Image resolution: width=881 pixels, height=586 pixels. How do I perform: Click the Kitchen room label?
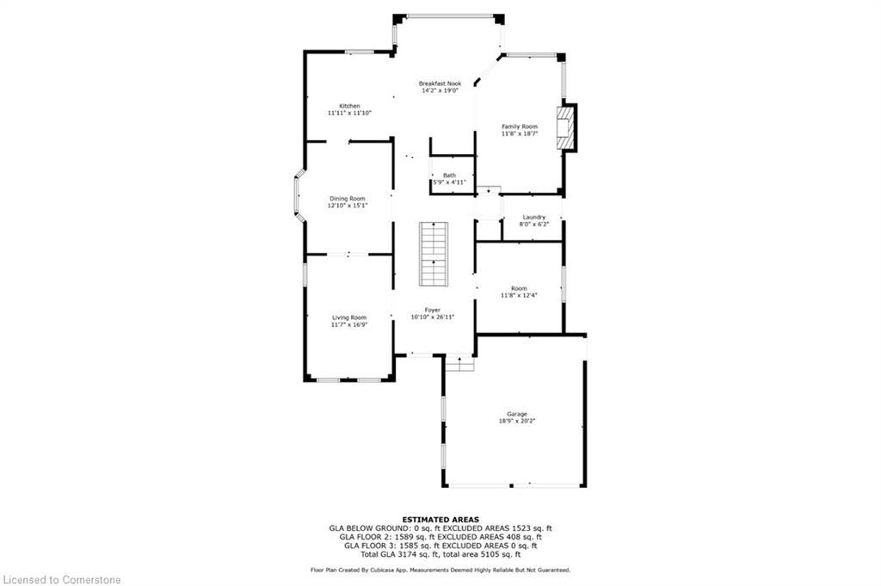point(348,106)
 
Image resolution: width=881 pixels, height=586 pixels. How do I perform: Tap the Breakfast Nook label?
point(440,83)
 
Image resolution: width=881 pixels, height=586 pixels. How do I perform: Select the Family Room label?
point(520,126)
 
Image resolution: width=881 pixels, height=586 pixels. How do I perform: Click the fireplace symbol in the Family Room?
point(565,127)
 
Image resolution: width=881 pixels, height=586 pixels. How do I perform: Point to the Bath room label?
point(449,176)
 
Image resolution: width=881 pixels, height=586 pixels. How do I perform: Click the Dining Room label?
point(347,199)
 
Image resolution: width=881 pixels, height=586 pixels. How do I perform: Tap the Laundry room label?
point(533,217)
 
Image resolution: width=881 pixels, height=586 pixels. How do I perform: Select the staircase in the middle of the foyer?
point(434,254)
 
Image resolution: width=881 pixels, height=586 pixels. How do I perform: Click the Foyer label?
point(432,310)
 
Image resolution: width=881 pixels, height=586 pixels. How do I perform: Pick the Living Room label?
point(348,318)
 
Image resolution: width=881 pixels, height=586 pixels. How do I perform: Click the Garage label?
point(517,414)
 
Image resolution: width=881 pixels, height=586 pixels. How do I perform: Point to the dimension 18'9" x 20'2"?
point(517,422)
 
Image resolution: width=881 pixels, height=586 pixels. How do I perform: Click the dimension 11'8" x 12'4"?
point(519,296)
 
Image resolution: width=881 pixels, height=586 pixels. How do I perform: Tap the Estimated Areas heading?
point(440,520)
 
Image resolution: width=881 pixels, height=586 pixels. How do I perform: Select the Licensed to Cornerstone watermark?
point(62,579)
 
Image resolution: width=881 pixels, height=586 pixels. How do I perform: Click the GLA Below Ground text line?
point(440,528)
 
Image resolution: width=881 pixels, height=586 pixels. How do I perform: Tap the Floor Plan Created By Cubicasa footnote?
point(440,570)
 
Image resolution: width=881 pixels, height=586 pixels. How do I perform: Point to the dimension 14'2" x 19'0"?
point(440,90)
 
